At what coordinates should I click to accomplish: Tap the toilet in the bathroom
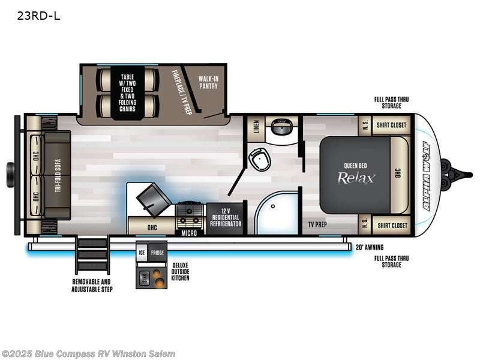[x=258, y=158]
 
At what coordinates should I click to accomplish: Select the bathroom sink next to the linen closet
[x=280, y=127]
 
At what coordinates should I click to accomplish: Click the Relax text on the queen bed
[x=356, y=178]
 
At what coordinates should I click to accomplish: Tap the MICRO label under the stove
[x=190, y=231]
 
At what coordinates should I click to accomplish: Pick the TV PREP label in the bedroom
[x=317, y=225]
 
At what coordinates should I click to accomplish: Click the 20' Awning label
[x=369, y=247]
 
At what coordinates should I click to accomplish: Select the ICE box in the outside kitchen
[x=142, y=253]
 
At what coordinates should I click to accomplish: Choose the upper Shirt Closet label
[x=392, y=125]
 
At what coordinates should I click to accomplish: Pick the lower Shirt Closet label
[x=392, y=226]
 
